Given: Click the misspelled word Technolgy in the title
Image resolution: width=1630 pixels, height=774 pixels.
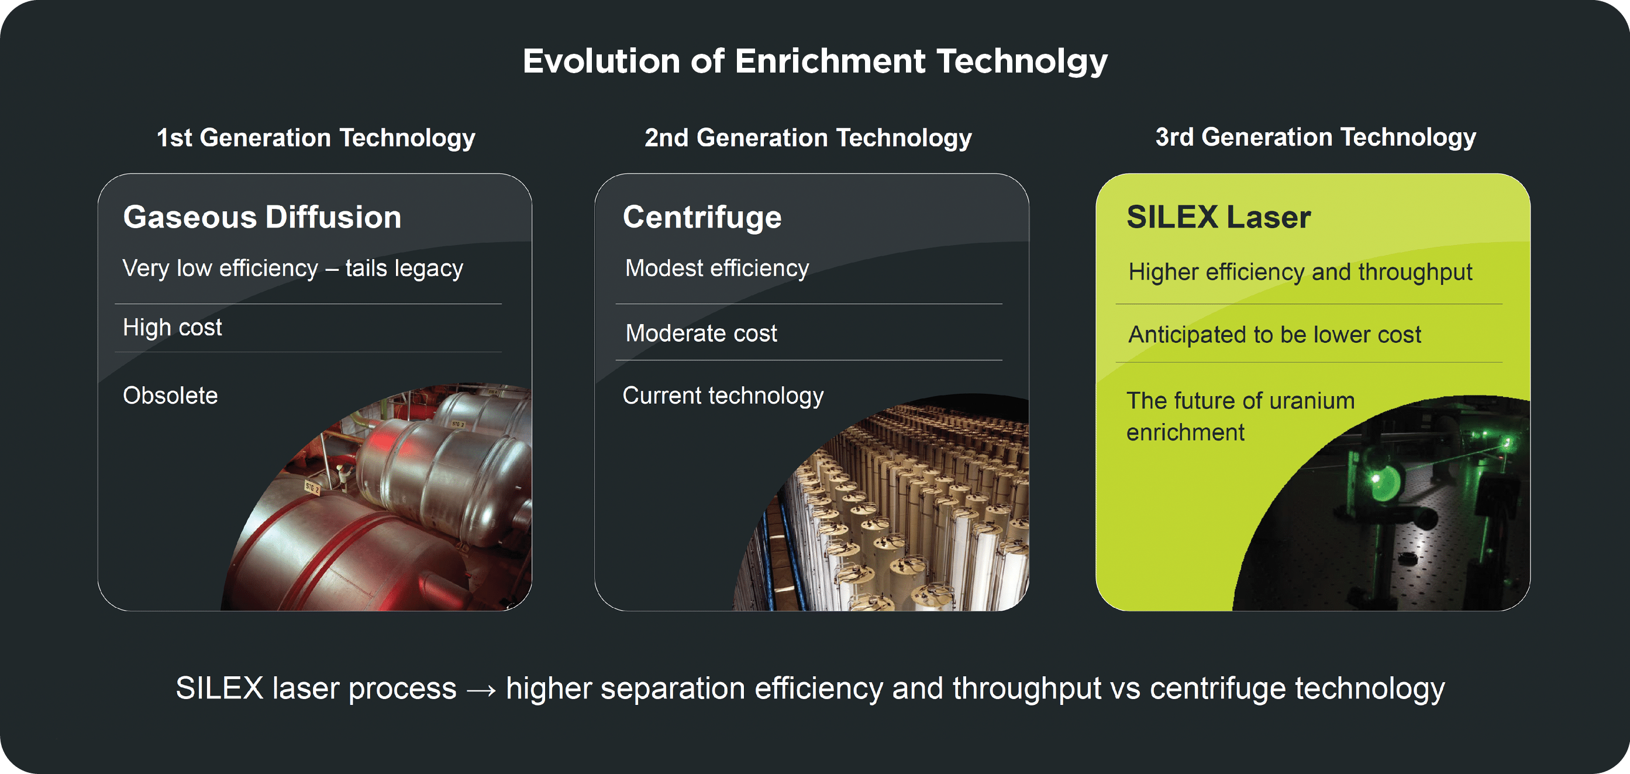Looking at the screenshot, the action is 1022,62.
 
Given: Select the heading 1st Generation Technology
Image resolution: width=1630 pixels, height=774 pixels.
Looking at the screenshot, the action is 316,138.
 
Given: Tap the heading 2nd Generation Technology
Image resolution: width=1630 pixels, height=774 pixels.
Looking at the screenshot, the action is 808,138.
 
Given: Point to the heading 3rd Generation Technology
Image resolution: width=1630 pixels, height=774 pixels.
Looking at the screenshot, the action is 1315,137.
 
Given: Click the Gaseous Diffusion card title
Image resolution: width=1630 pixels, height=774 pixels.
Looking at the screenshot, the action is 262,217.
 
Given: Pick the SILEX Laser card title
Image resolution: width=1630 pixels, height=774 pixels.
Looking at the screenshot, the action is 1218,217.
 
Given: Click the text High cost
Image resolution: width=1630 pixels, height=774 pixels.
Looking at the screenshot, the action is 172,328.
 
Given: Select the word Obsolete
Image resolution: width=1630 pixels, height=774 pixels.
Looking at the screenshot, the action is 170,395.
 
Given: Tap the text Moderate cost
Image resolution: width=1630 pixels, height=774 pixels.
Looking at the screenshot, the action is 701,333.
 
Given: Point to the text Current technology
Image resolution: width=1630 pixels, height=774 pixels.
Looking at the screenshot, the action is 723,396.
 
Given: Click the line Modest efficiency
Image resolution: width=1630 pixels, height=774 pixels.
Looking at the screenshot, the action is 717,269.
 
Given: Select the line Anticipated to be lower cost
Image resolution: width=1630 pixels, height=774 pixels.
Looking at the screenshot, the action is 1274,335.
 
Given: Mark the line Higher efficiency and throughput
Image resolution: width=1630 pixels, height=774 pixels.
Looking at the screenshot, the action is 1300,272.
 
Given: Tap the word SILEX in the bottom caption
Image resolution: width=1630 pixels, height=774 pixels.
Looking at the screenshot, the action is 219,689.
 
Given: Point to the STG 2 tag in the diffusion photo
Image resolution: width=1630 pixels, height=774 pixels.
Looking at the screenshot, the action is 312,487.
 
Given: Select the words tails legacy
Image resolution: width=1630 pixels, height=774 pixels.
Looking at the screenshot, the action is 404,269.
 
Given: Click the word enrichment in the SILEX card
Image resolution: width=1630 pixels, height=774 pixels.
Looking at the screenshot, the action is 1185,433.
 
